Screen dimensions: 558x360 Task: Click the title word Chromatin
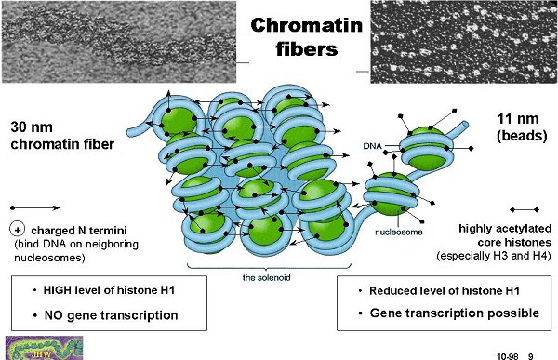(306, 26)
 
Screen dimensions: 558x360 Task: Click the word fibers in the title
(307, 48)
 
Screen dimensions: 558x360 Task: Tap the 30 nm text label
(32, 127)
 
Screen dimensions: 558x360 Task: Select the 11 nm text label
(517, 118)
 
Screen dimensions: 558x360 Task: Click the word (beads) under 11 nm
(522, 136)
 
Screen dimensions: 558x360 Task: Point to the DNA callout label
(372, 146)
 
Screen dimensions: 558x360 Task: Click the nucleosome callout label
(399, 233)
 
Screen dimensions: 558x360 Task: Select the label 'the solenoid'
(266, 277)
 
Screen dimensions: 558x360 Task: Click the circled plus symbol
(17, 230)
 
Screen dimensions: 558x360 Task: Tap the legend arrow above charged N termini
(35, 207)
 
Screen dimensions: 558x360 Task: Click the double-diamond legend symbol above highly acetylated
(525, 210)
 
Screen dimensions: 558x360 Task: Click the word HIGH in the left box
(58, 290)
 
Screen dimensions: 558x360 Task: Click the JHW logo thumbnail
(44, 348)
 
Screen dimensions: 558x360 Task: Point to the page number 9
(531, 356)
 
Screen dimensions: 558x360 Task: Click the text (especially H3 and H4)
(494, 256)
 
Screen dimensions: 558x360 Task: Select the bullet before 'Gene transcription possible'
(361, 313)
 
